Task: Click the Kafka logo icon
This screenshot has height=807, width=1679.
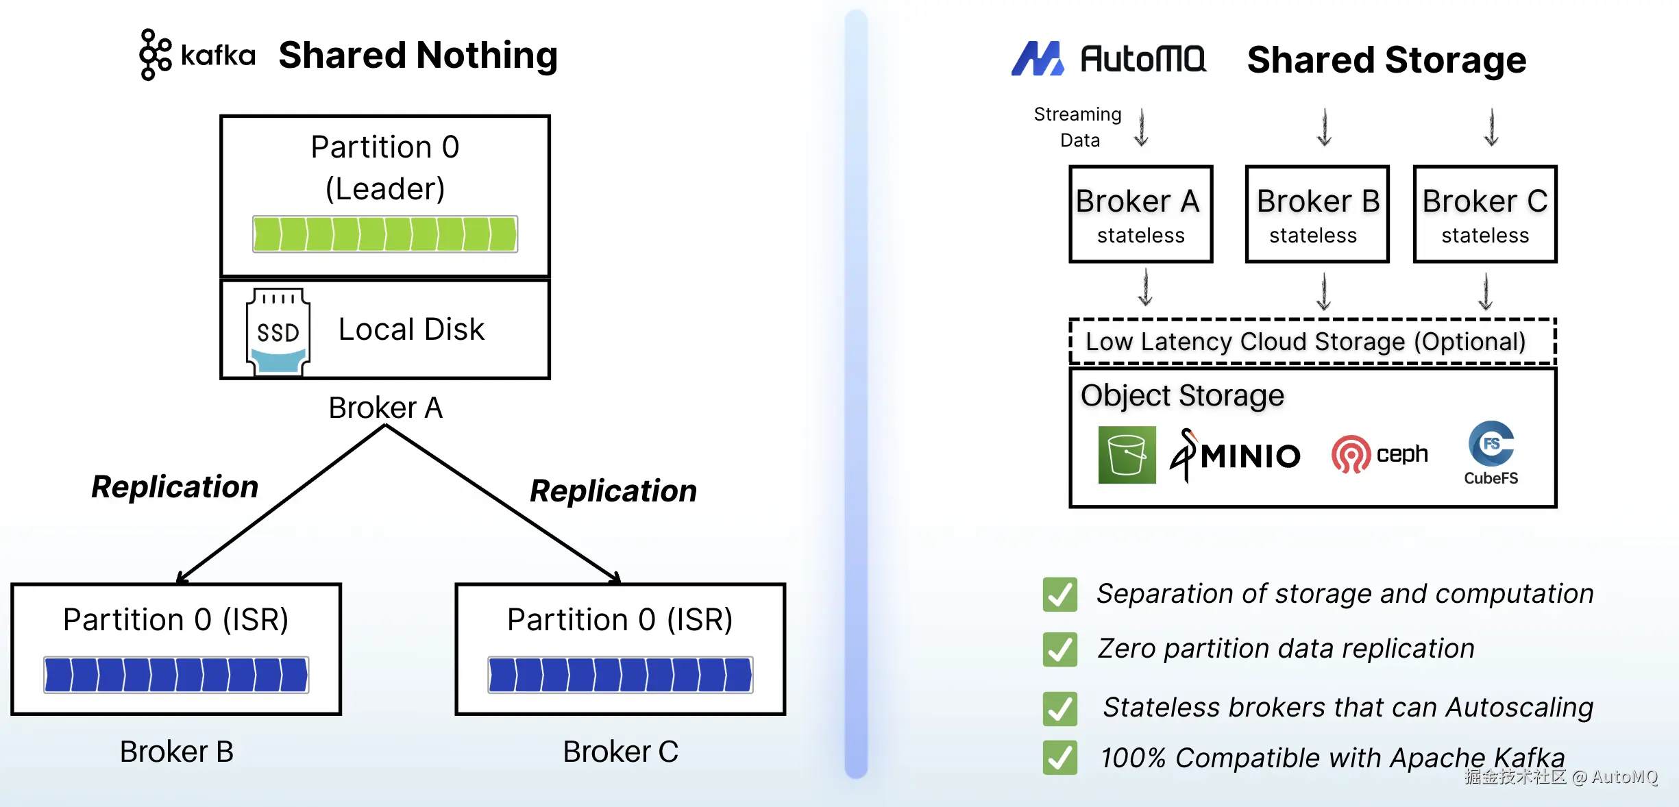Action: click(156, 55)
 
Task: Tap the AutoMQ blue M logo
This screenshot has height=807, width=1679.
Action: click(1037, 59)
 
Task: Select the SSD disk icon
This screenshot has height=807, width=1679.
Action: click(278, 332)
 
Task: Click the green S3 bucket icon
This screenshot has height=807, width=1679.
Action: click(1127, 455)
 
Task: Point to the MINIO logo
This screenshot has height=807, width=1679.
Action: click(1234, 456)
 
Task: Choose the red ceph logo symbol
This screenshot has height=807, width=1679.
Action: click(1350, 454)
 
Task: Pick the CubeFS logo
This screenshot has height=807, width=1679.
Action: click(1491, 453)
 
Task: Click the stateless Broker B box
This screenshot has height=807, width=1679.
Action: click(1316, 214)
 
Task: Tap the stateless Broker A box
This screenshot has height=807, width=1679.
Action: click(1140, 214)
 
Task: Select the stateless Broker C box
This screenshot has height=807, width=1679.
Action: click(1484, 214)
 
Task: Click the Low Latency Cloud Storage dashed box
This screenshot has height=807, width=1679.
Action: click(1312, 341)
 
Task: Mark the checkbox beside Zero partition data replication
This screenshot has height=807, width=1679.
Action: click(1059, 649)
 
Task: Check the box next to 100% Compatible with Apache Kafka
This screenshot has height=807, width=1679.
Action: click(1059, 758)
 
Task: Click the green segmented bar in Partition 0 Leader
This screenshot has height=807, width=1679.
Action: click(385, 234)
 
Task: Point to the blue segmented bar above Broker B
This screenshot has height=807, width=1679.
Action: click(176, 675)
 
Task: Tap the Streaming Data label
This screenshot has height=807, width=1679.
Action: click(1078, 127)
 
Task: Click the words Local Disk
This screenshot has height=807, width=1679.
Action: click(411, 330)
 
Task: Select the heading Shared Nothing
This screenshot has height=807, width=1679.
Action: click(418, 55)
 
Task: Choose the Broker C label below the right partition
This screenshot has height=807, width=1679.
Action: click(620, 752)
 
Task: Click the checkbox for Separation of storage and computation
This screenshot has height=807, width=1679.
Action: click(1059, 594)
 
